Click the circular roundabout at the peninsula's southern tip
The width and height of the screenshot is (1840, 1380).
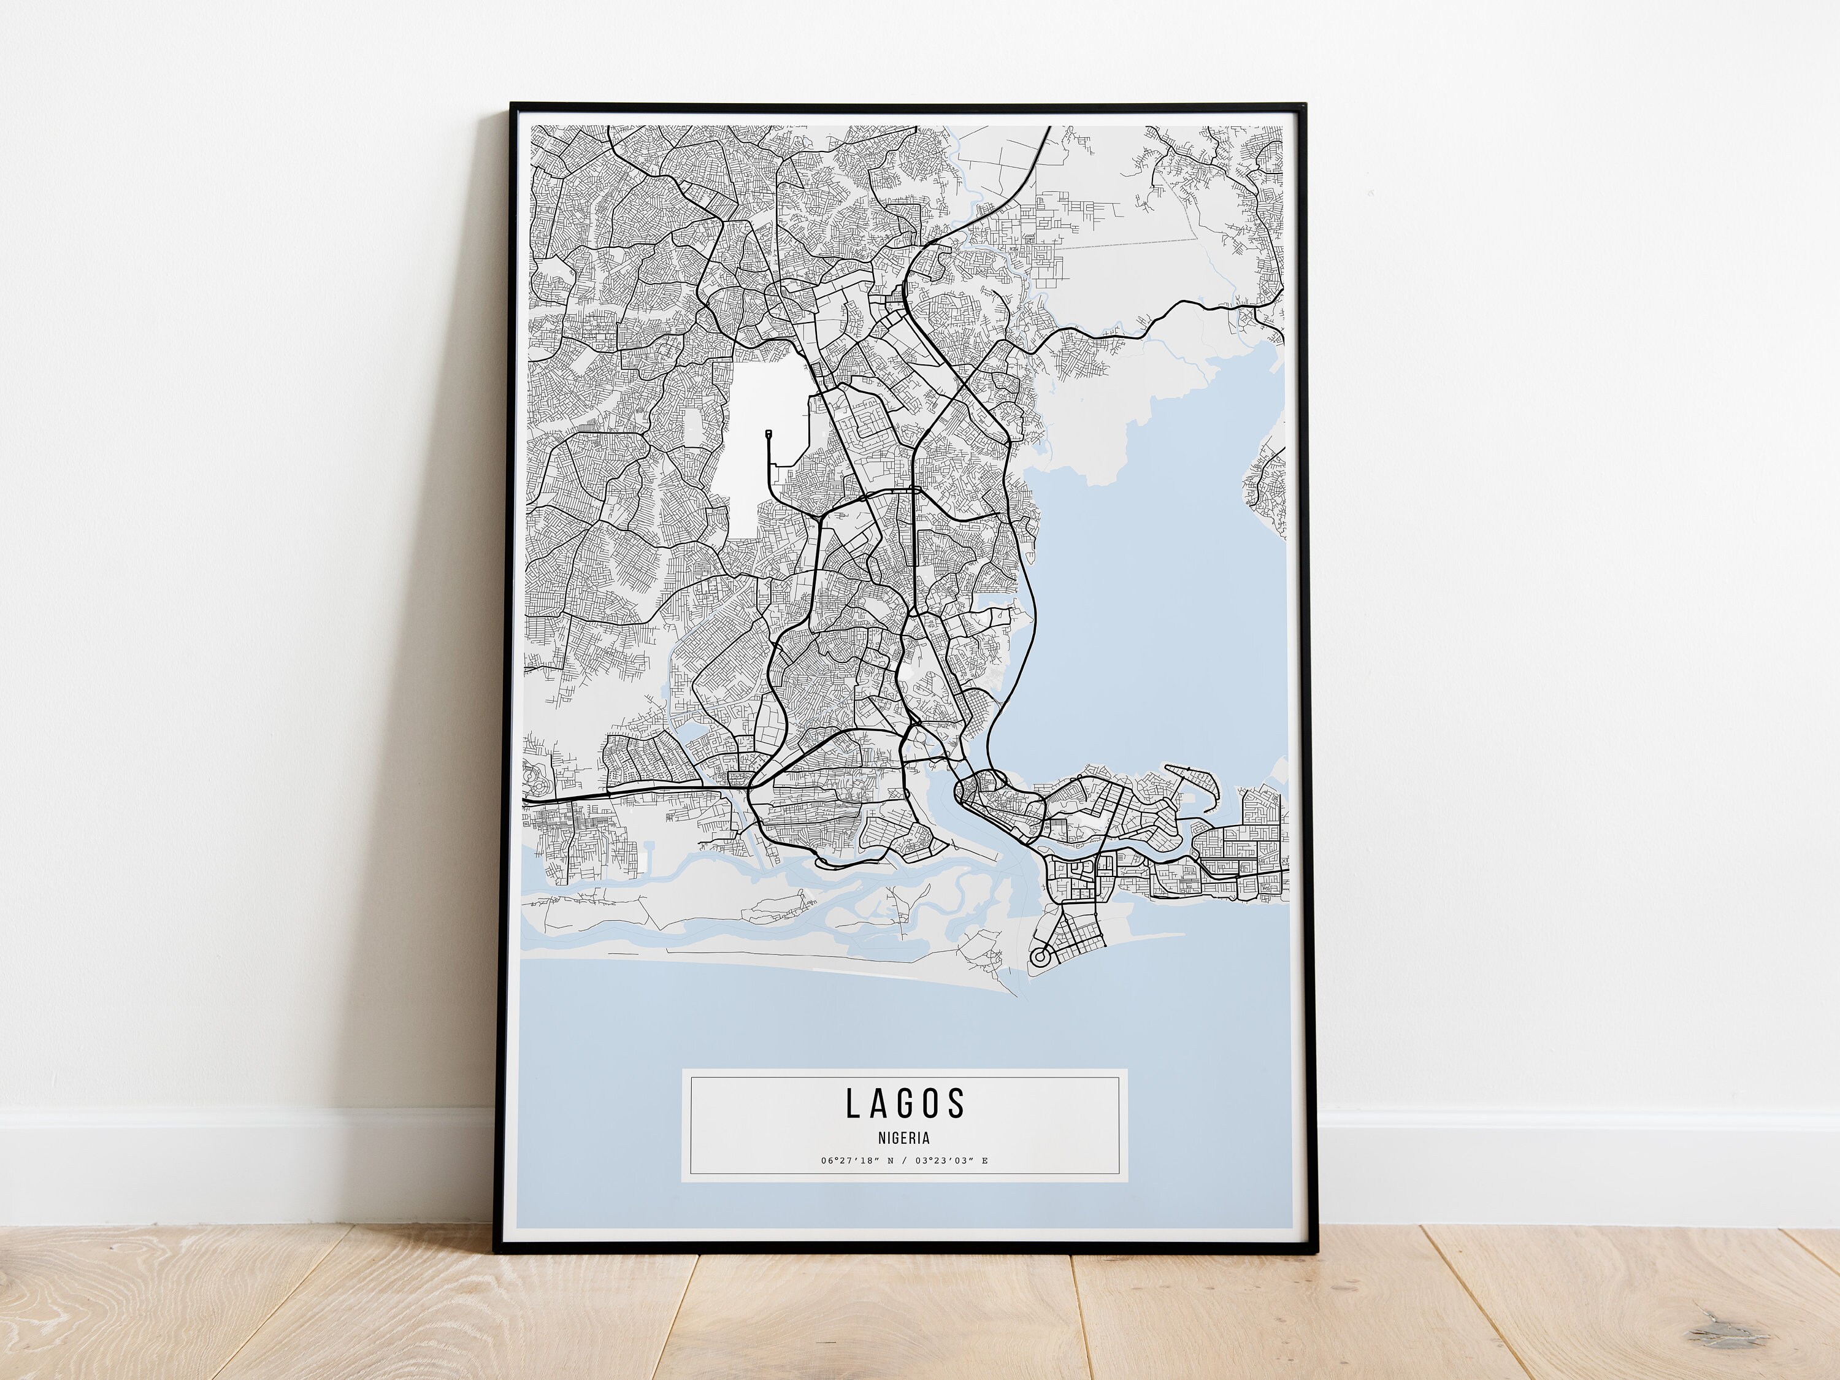point(1039,957)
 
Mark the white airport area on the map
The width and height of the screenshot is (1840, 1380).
point(757,466)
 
